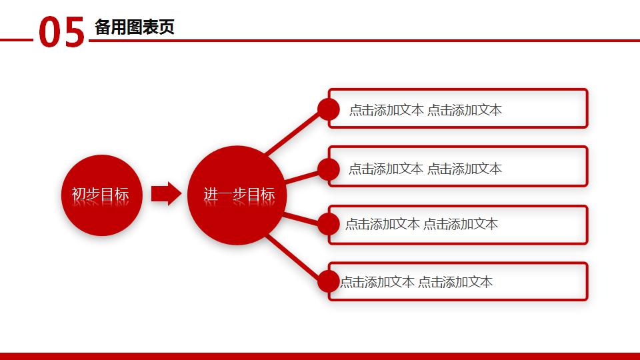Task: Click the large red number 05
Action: (62, 33)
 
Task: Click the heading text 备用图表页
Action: (135, 27)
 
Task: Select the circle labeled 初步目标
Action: (102, 195)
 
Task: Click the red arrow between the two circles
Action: (165, 194)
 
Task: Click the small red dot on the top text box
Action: (328, 109)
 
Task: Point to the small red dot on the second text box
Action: (328, 169)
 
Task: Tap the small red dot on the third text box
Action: (328, 224)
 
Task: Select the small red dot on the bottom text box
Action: (328, 281)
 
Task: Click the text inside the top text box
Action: (425, 110)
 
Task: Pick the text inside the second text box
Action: (425, 169)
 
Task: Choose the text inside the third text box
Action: (421, 224)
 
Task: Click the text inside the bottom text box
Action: (417, 282)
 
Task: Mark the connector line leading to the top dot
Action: (293, 133)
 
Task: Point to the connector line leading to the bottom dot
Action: (293, 257)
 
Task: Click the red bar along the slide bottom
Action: (320, 356)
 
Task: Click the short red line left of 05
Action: (16, 40)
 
